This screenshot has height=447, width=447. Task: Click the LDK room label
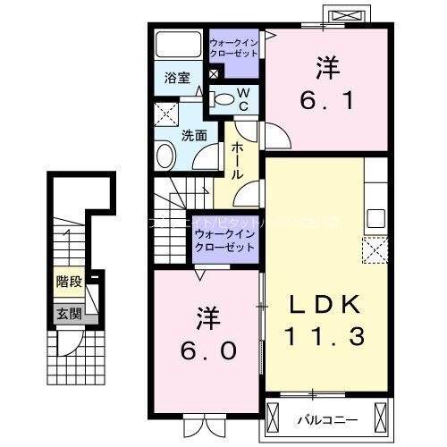click(x=326, y=305)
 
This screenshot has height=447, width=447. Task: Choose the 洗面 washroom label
click(x=195, y=136)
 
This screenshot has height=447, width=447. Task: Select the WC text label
click(x=242, y=99)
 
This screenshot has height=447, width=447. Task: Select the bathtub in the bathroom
click(x=179, y=46)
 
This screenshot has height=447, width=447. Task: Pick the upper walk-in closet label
click(x=234, y=47)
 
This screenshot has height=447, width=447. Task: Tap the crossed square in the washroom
click(x=165, y=114)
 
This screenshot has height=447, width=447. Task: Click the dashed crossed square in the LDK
click(x=373, y=249)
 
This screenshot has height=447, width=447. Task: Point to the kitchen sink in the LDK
click(x=375, y=218)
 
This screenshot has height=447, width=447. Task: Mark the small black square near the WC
click(x=214, y=75)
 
